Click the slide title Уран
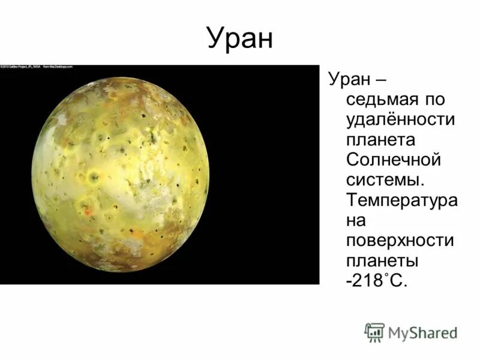coord(240,38)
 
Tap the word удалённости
coord(401,119)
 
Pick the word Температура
coord(401,201)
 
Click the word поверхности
coord(400,242)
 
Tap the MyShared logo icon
coord(374,332)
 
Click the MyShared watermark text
coord(423,332)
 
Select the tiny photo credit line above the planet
coord(37,67)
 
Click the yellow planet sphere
coord(120,174)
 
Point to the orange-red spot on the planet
coord(88,211)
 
